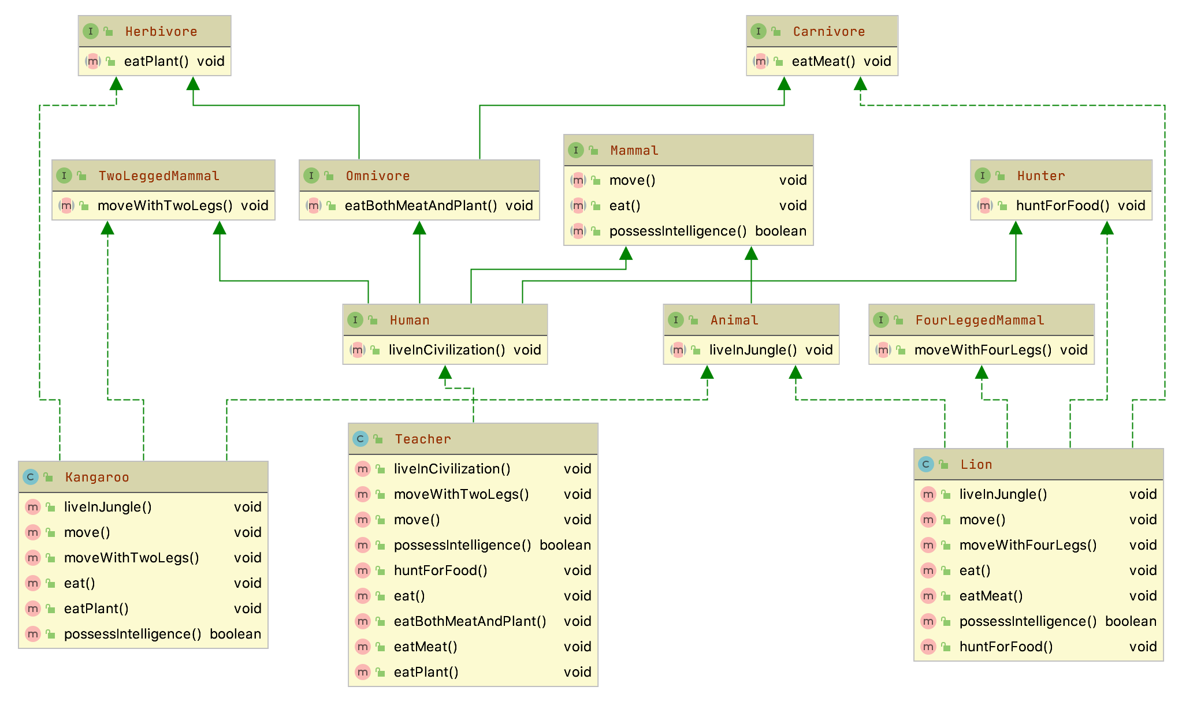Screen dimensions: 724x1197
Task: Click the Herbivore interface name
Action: click(161, 31)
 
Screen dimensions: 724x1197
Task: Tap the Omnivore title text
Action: click(377, 176)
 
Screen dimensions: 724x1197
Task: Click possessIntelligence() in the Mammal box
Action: click(677, 231)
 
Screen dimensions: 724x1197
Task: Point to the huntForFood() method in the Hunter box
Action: click(1062, 206)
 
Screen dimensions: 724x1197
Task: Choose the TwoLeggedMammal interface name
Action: click(158, 176)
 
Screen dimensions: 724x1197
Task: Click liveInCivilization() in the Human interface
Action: click(446, 350)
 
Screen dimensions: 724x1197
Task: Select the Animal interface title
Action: click(734, 320)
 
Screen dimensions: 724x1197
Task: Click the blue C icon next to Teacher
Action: click(360, 439)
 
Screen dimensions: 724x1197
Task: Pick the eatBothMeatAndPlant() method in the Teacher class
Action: click(469, 621)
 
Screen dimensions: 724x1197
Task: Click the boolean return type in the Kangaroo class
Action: click(235, 634)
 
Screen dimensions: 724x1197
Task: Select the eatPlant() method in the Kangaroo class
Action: click(96, 609)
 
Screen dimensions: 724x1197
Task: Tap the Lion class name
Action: click(976, 464)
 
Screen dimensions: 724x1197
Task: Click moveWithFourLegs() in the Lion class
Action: click(1027, 545)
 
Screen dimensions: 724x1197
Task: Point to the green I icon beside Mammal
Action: click(575, 150)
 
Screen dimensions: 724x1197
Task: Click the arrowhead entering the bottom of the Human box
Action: click(445, 372)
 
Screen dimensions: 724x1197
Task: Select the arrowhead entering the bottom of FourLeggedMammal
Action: click(982, 372)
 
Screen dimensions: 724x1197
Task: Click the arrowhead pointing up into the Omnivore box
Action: click(419, 228)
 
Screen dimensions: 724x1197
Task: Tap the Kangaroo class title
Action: click(96, 477)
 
